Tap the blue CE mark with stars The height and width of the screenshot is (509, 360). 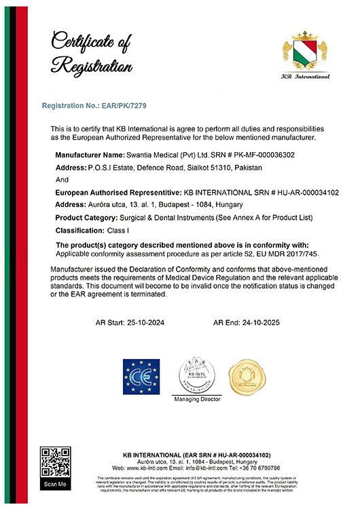(141, 376)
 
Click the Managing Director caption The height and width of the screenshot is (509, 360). (198, 400)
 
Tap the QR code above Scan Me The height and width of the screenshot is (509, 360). (55, 461)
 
